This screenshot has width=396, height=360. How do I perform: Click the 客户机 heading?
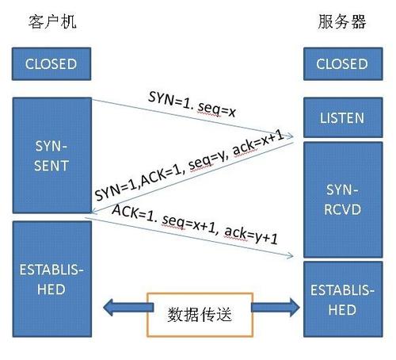tap(48, 21)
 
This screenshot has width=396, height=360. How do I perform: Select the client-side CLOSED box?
tap(51, 63)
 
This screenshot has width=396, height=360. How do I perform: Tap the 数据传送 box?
tap(200, 315)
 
